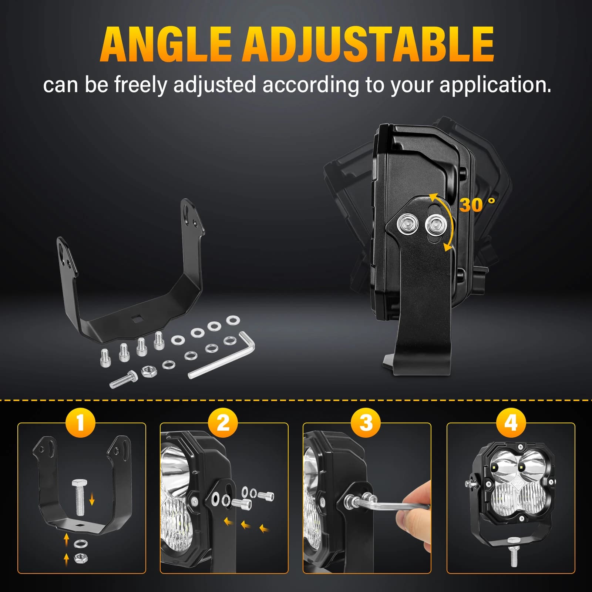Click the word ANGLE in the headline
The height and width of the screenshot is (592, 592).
pyautogui.click(x=165, y=45)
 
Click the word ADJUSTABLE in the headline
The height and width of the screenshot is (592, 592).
pyautogui.click(x=368, y=45)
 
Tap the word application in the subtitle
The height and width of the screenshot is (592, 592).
pyautogui.click(x=495, y=85)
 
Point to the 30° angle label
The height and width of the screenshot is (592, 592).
pyautogui.click(x=477, y=205)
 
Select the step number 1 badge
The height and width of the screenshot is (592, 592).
pyautogui.click(x=81, y=422)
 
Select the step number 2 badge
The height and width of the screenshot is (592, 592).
pyautogui.click(x=223, y=422)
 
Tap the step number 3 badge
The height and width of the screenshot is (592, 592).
pyautogui.click(x=366, y=422)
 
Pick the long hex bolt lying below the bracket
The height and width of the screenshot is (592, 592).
pyautogui.click(x=123, y=380)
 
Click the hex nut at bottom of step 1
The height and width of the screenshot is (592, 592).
pyautogui.click(x=81, y=558)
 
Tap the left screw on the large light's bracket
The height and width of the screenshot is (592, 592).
pyautogui.click(x=407, y=224)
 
